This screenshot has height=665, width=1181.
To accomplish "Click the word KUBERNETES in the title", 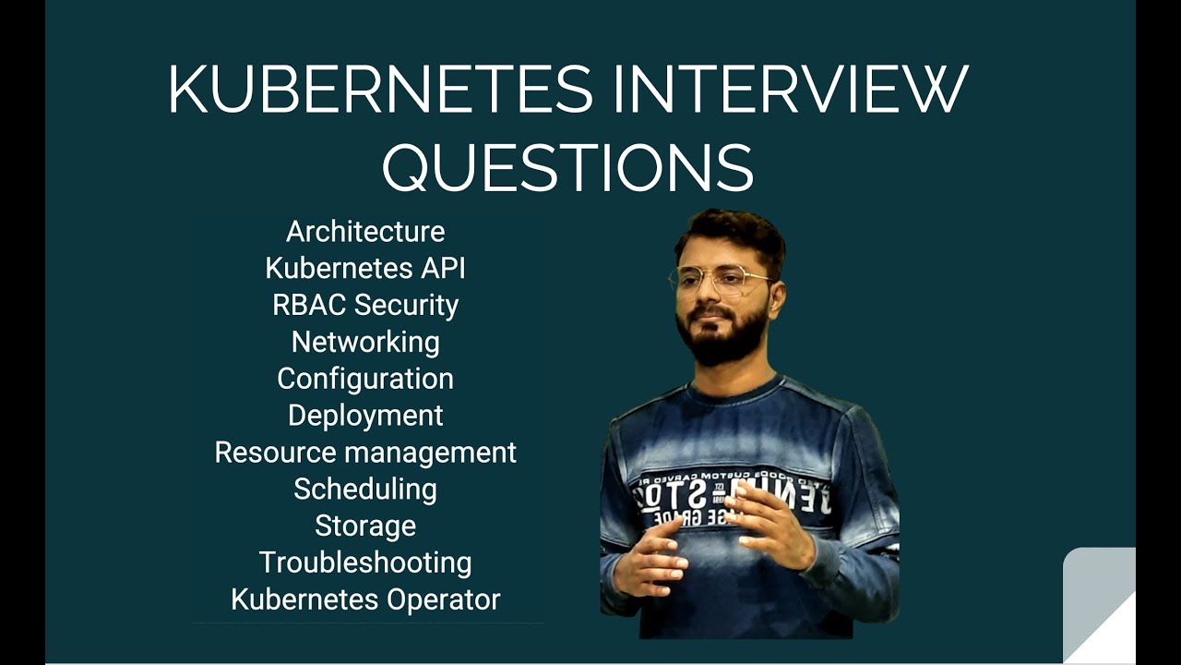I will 380,90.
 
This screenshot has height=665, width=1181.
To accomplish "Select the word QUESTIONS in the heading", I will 567,167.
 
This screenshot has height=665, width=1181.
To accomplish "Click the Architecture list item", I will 365,231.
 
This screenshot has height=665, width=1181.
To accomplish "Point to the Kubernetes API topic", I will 365,268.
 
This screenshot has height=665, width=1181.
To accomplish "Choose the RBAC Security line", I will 365,305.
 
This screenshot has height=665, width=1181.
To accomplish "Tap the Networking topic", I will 365,342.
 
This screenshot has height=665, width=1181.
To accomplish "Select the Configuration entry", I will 365,379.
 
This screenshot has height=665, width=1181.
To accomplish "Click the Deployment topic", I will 365,416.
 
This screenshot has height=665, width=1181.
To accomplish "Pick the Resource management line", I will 365,453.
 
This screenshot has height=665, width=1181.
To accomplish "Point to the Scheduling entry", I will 365,490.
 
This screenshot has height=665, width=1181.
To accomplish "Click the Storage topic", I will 365,526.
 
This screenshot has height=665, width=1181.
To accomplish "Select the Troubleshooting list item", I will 365,562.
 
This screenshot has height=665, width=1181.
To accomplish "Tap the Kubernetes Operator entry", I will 365,599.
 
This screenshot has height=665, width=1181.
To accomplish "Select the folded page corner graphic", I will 1100,605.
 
